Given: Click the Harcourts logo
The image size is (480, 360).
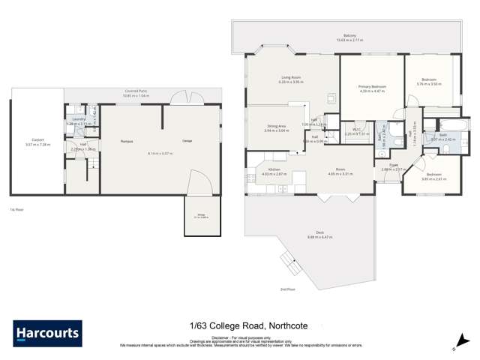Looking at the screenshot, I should (x=47, y=333).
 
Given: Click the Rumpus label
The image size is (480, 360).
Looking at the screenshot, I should (x=126, y=141).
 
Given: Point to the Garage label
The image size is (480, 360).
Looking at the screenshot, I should (x=188, y=141).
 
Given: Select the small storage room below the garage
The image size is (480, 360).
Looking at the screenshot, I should (x=200, y=217).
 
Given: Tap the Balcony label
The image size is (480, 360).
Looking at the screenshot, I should (x=349, y=35).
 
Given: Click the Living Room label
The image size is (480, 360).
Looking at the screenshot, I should (x=291, y=78).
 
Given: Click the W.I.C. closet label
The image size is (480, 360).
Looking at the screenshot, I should (x=357, y=131).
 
